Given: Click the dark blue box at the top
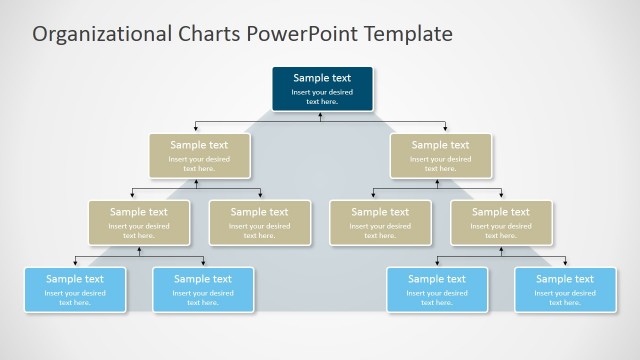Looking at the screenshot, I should click(x=322, y=88).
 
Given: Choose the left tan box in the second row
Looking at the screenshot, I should click(x=199, y=156).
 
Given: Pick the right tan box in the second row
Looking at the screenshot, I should click(x=440, y=156).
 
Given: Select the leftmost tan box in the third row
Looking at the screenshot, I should click(x=138, y=223).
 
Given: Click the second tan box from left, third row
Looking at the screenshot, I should click(x=259, y=223).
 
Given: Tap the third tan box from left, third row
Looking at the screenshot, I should click(x=380, y=223).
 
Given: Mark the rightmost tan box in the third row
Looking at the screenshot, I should click(x=501, y=223).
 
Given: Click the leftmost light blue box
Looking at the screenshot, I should click(x=75, y=290).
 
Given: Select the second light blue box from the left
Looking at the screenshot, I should click(x=203, y=290).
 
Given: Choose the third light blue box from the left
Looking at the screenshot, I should click(x=437, y=290).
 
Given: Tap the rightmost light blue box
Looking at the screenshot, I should click(x=565, y=290).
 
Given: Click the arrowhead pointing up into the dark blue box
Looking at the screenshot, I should click(x=321, y=114).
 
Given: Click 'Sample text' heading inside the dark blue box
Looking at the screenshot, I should click(x=322, y=77).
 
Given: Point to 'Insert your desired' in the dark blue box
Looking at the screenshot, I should click(x=322, y=92).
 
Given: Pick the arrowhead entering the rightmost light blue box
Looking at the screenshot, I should click(x=565, y=263).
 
